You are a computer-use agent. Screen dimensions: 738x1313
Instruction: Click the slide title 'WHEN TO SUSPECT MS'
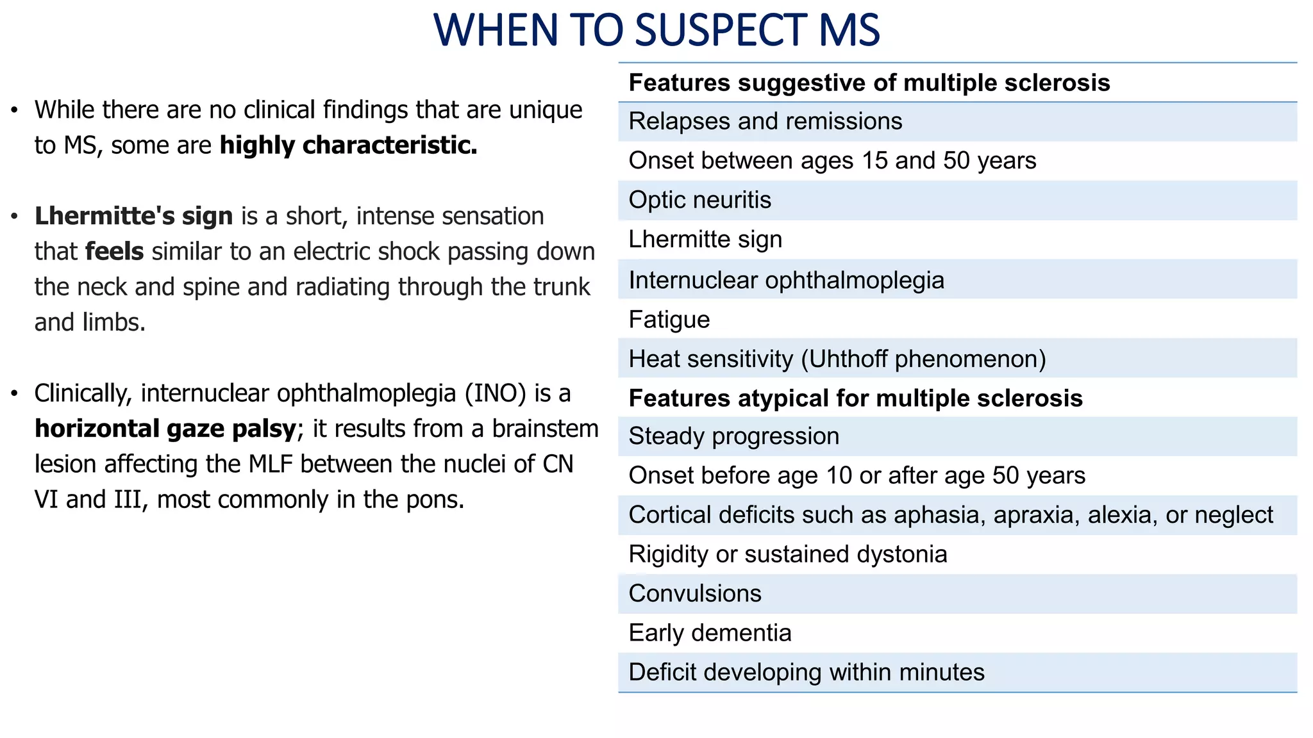point(656,30)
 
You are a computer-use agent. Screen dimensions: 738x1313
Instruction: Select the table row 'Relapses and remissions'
point(765,121)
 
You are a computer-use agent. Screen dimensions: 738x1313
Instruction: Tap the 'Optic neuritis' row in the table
point(699,200)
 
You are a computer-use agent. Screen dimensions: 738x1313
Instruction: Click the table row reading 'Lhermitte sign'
point(705,240)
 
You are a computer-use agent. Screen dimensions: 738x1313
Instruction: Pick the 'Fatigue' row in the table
point(669,320)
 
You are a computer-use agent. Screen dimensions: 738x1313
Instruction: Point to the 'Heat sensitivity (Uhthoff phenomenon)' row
point(837,359)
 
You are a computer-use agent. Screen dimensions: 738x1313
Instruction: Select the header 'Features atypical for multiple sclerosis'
point(855,398)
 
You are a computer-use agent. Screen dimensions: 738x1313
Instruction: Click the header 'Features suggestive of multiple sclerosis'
point(869,83)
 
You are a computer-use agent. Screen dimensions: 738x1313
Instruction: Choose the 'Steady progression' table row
point(733,436)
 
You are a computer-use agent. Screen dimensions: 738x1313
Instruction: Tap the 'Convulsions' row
point(695,594)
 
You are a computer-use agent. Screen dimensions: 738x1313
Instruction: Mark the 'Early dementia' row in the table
point(710,633)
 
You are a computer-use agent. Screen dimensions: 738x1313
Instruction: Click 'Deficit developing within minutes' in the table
point(806,673)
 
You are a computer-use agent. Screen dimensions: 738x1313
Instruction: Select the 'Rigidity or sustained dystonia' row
point(787,554)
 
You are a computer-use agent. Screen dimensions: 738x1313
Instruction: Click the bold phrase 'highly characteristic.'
point(348,145)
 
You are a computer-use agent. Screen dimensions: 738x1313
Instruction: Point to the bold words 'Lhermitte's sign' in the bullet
point(133,217)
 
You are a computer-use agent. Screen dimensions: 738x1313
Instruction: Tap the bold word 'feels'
point(114,252)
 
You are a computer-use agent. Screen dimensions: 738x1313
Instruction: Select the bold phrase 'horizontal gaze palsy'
point(165,429)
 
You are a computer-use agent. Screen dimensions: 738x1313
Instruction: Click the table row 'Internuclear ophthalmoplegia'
point(786,280)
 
